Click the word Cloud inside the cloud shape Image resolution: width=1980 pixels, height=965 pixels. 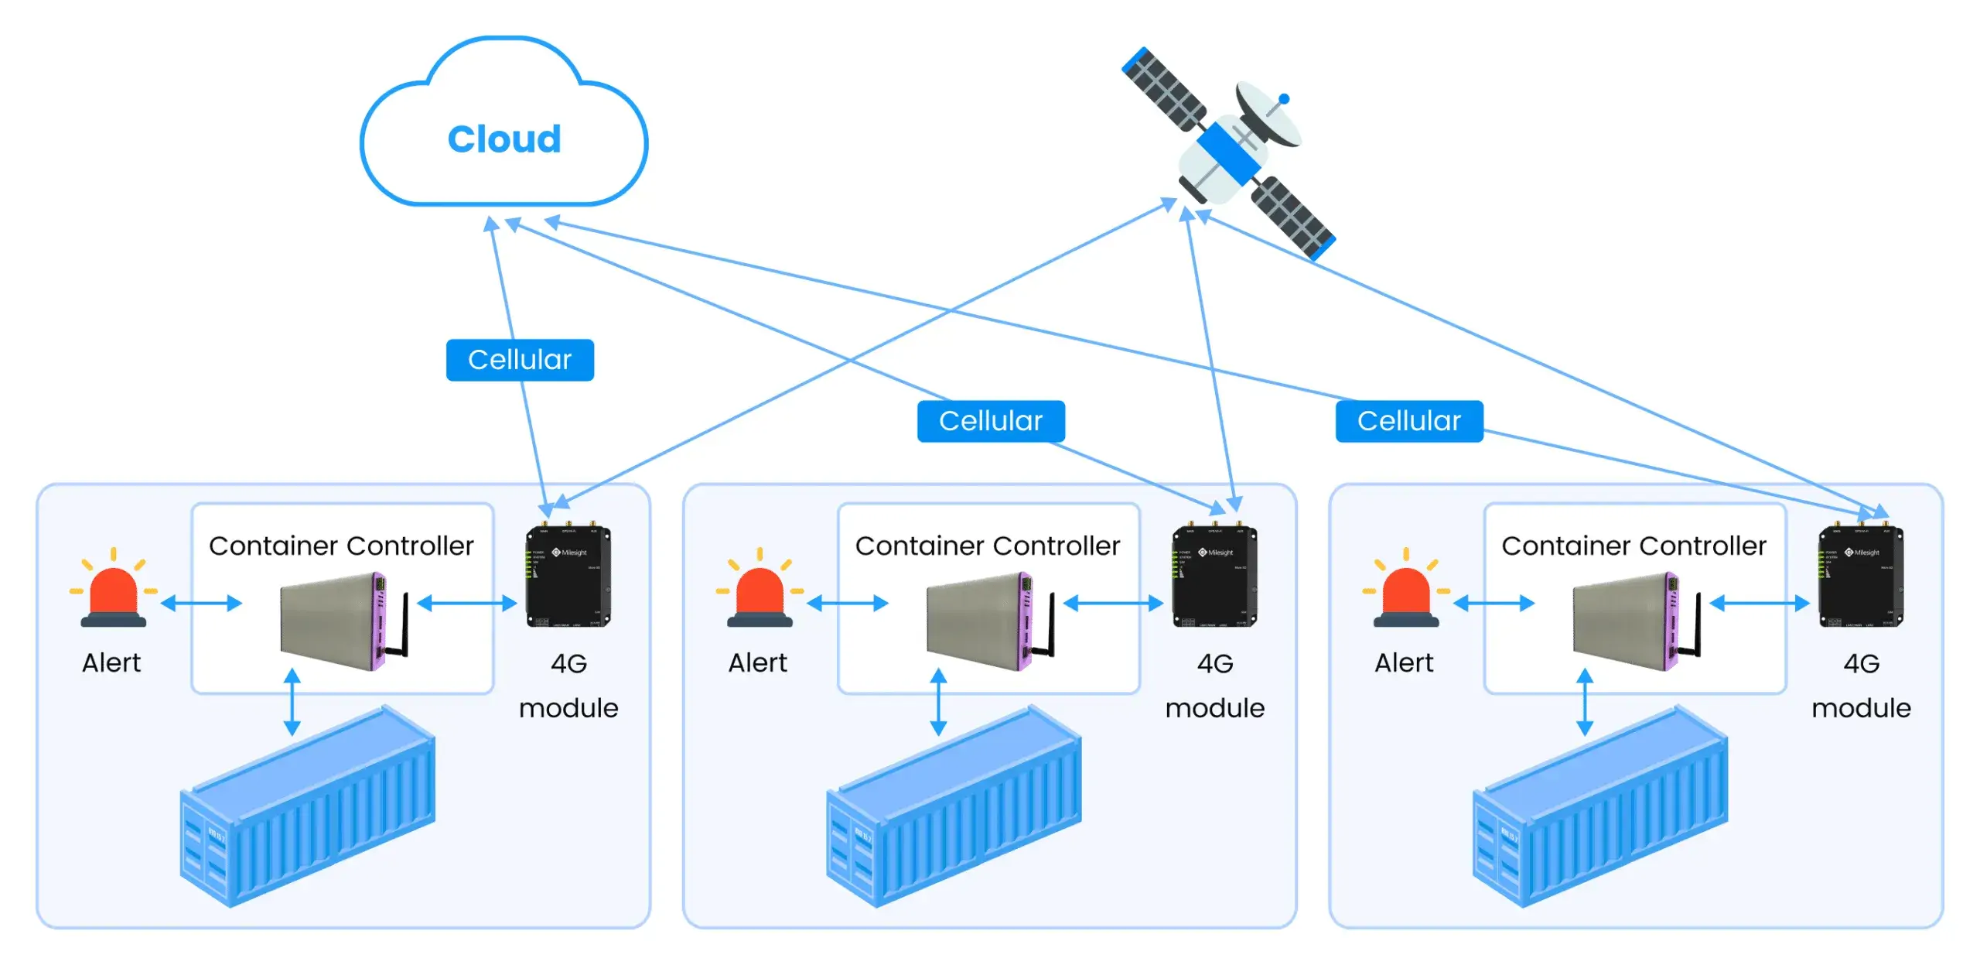(x=504, y=140)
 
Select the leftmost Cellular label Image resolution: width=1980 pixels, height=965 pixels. (x=520, y=360)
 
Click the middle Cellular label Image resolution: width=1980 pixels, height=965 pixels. (x=991, y=421)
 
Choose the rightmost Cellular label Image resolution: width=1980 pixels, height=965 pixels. (x=1408, y=421)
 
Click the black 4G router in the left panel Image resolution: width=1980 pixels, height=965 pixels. (x=568, y=577)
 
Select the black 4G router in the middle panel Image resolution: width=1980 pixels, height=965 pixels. (x=1214, y=577)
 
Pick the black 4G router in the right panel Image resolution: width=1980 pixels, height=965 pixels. (x=1861, y=577)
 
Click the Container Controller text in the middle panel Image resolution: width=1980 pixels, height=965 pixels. (x=988, y=546)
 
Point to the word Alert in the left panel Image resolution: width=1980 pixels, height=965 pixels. (x=112, y=663)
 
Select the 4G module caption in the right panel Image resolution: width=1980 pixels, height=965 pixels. (x=1861, y=686)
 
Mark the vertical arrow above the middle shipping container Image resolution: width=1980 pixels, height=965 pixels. (x=938, y=702)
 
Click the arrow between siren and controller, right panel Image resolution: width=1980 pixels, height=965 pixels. (x=1494, y=604)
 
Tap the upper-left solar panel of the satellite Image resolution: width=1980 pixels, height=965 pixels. (x=1163, y=88)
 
